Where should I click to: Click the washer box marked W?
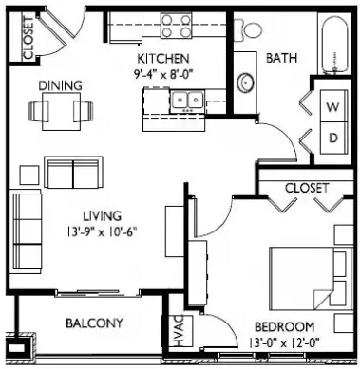(333, 106)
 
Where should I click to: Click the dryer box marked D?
(333, 137)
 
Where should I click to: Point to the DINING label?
(59, 85)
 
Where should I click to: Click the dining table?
(58, 112)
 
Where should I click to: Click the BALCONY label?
(94, 323)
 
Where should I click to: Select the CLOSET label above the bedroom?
(305, 187)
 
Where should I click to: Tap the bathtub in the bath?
(335, 47)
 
